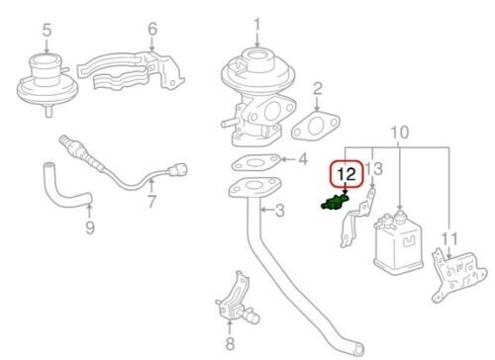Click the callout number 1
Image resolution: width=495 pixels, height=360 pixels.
(x=257, y=24)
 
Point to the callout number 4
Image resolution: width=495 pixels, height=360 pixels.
(x=303, y=158)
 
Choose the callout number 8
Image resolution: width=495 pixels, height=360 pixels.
(x=231, y=345)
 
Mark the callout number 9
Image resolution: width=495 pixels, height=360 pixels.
(x=89, y=228)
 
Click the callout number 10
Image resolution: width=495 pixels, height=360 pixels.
(x=399, y=132)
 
